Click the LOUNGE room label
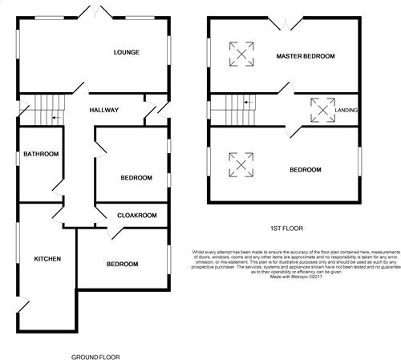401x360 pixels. (x=126, y=53)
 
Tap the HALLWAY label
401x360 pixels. (x=104, y=111)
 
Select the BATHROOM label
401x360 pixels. (x=40, y=154)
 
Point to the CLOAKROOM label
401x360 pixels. (x=136, y=216)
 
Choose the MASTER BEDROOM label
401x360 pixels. (x=306, y=56)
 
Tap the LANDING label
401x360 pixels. (x=346, y=111)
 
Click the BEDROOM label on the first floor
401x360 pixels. (x=305, y=170)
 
